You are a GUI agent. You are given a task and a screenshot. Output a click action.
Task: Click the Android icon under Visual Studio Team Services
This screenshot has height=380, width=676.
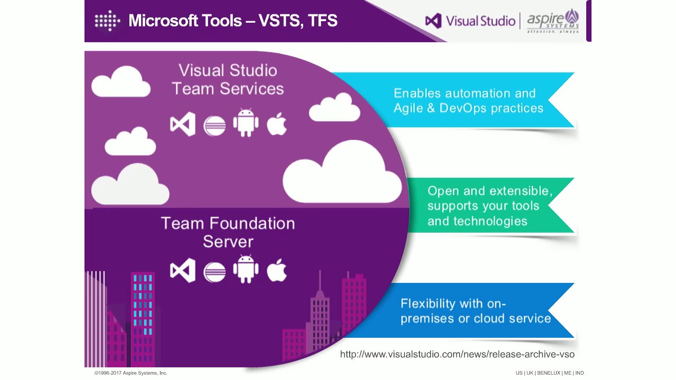(246, 123)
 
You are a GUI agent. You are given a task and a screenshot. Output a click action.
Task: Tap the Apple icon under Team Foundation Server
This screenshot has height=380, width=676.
(277, 271)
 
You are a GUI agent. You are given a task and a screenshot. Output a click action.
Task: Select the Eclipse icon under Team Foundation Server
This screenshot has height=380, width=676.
(214, 271)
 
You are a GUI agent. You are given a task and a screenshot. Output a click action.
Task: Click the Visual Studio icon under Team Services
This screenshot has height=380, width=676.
(183, 125)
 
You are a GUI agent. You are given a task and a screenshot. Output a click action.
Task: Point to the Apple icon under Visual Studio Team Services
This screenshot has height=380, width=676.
(277, 125)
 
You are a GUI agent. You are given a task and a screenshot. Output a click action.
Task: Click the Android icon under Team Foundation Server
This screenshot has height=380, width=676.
(246, 269)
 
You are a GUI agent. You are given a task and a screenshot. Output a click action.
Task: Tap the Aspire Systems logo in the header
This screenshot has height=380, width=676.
(553, 21)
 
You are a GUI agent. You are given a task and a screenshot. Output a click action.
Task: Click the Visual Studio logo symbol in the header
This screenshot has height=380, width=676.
(433, 21)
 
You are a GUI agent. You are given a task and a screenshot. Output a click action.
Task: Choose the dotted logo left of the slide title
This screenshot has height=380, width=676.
(107, 21)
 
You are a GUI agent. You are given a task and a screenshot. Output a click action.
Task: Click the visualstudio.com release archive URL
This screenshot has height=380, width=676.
(457, 354)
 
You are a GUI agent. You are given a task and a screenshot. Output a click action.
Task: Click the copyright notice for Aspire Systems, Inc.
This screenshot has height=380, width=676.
(130, 373)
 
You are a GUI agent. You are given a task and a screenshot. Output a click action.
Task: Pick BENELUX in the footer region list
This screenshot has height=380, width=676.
(548, 373)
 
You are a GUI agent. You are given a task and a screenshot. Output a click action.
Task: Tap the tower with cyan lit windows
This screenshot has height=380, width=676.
(143, 311)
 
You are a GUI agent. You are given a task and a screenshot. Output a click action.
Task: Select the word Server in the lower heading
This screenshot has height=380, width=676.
(228, 242)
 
